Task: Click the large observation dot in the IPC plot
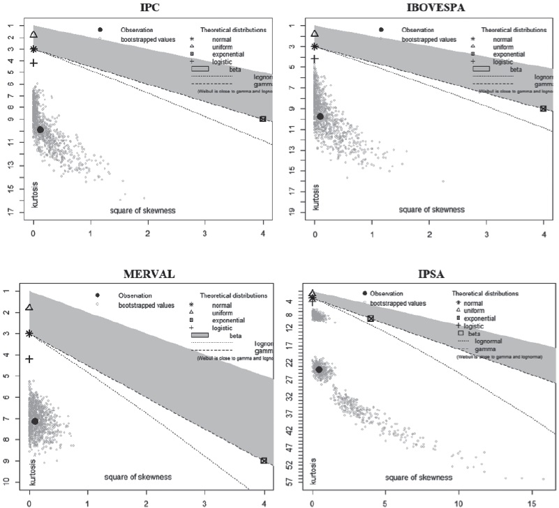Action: pos(40,130)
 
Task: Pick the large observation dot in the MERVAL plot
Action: pos(35,421)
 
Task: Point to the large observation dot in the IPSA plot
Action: pos(319,369)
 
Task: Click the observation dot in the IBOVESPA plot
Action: pos(320,116)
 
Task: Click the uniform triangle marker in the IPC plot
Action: pos(33,34)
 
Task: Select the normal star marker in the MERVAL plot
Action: pos(29,334)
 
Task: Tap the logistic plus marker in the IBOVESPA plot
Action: pos(314,59)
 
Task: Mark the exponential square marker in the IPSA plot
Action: pos(371,318)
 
